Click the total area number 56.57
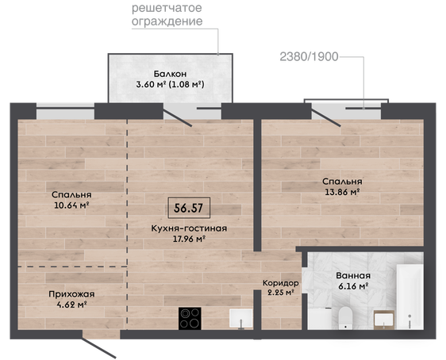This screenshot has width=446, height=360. [189, 208]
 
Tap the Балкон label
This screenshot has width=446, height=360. [170, 74]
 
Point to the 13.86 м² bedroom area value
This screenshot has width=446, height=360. [342, 192]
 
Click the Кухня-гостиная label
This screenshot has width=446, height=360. [189, 228]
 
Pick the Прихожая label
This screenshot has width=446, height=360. [71, 294]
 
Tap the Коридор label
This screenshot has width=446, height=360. [280, 283]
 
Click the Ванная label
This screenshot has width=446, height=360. [353, 276]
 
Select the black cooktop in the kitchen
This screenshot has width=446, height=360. [190, 319]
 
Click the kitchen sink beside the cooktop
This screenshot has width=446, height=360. [241, 319]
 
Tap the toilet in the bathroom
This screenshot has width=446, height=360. [345, 318]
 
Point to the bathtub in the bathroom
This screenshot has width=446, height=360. [409, 297]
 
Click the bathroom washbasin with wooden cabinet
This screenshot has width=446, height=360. [384, 320]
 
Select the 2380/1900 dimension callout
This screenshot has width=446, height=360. [310, 57]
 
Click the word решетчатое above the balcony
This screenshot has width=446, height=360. [167, 8]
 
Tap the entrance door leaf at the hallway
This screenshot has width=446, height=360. [99, 347]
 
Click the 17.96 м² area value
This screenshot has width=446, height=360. [189, 239]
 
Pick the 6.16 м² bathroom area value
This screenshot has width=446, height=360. [353, 286]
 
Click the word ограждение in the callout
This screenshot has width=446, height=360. [167, 21]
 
